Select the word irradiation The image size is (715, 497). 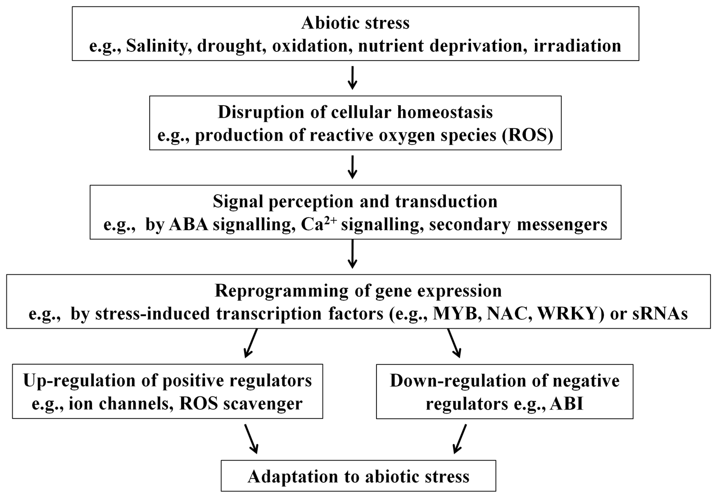[x=577, y=46]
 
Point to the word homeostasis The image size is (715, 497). [x=445, y=112]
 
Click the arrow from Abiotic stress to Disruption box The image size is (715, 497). [x=352, y=78]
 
